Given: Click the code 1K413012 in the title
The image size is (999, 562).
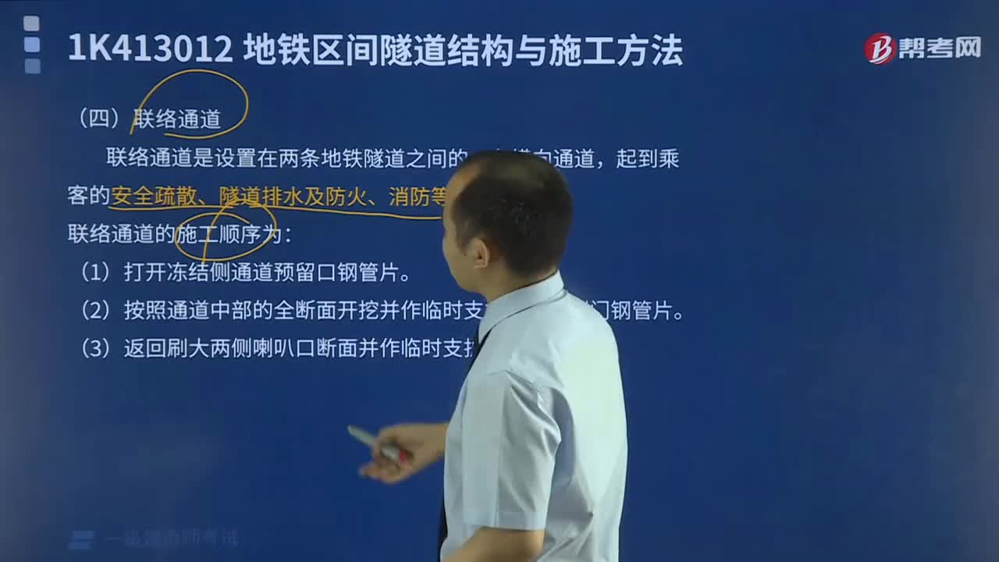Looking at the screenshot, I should [x=150, y=50].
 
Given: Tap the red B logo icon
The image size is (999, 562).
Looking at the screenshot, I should [x=880, y=48].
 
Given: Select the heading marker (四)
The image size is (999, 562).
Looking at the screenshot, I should [x=98, y=119].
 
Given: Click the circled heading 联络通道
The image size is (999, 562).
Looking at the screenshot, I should [x=177, y=119].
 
